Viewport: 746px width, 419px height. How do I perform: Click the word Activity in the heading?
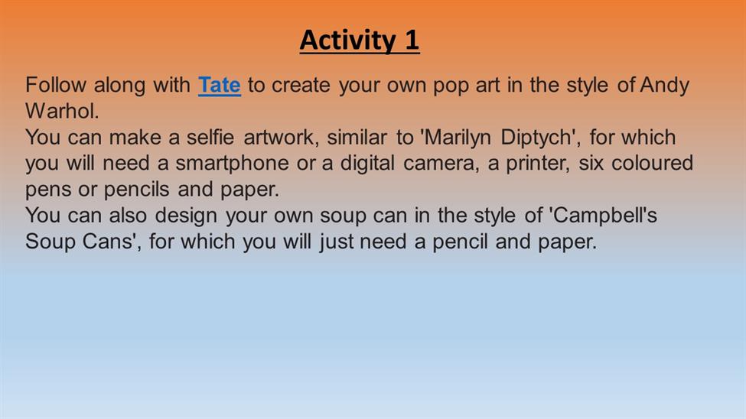pyautogui.click(x=348, y=41)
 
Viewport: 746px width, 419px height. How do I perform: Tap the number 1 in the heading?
pyautogui.click(x=412, y=40)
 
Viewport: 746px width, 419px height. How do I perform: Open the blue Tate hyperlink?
pyautogui.click(x=220, y=85)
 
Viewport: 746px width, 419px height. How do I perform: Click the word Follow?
pyautogui.click(x=56, y=85)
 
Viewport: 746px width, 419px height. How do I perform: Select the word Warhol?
pyautogui.click(x=62, y=112)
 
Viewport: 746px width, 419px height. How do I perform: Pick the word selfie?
pyautogui.click(x=210, y=138)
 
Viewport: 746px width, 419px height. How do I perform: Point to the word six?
pyautogui.click(x=591, y=164)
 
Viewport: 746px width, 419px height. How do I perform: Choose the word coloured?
pyautogui.click(x=653, y=164)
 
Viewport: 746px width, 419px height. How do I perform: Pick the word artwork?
pyautogui.click(x=279, y=138)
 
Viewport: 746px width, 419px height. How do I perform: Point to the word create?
pyautogui.click(x=301, y=86)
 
